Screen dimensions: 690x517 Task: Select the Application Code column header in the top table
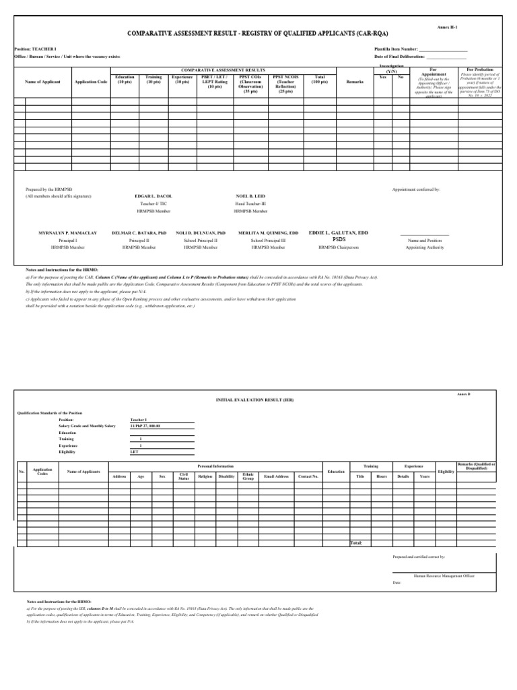point(92,82)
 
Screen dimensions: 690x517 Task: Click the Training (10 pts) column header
point(153,80)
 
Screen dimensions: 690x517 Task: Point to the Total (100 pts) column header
point(320,80)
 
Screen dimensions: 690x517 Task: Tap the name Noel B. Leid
point(250,195)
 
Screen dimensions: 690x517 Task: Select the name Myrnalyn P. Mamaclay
point(68,232)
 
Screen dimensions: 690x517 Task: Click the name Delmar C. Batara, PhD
point(139,232)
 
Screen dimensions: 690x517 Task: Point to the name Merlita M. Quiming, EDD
point(268,232)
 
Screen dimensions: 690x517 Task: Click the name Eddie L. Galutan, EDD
point(339,232)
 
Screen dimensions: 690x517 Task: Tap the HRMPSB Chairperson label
point(339,247)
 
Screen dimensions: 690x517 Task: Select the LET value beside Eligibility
point(135,452)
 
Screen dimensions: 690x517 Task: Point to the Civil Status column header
point(183,476)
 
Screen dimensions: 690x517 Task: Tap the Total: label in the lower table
point(357,542)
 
